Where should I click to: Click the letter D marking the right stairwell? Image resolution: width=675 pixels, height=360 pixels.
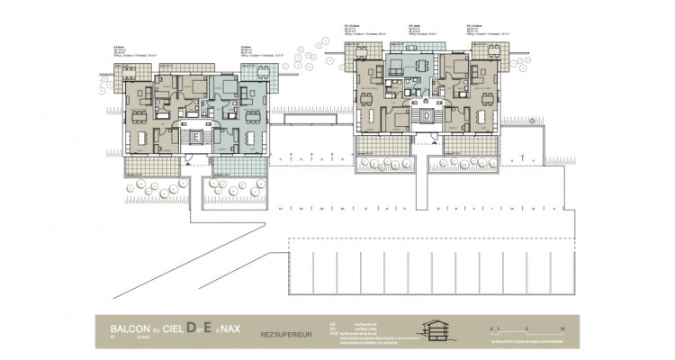click(426, 115)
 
